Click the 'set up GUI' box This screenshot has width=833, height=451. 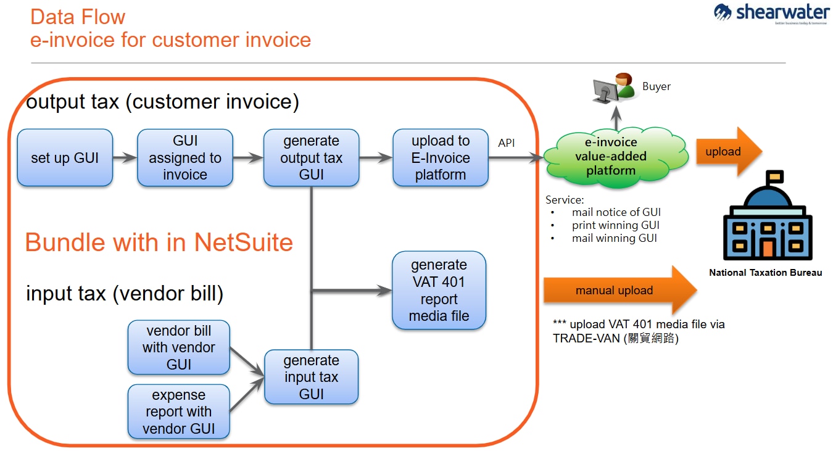65,158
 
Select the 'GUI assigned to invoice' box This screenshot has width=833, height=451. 185,158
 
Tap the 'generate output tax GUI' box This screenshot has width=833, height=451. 311,158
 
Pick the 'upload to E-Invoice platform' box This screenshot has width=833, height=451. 441,158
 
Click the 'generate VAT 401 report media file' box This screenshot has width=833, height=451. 439,291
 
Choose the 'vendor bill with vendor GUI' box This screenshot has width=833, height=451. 179,347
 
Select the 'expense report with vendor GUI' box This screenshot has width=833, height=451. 178,412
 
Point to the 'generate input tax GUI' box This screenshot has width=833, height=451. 312,377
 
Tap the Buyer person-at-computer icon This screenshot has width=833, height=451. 613,88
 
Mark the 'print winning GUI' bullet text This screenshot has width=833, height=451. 615,225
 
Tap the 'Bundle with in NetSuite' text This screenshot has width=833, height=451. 159,242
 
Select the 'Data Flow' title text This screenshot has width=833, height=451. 78,17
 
